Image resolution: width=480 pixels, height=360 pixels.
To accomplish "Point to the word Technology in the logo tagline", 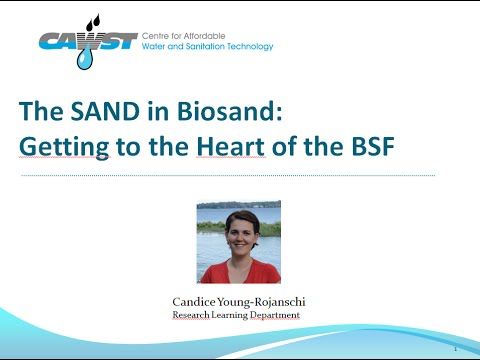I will pos(251,46).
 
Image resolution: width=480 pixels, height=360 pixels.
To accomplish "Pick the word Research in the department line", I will pos(193,315).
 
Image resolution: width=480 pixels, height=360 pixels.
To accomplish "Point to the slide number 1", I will pos(455,349).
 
